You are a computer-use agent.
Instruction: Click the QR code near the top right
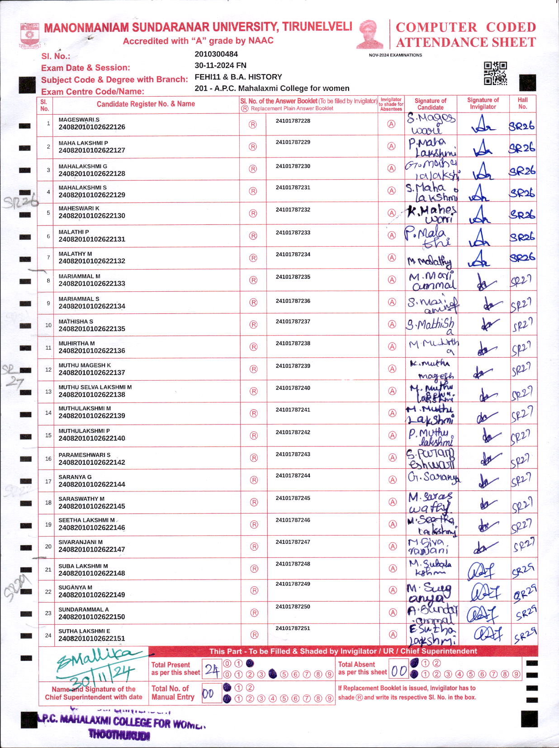tap(495, 73)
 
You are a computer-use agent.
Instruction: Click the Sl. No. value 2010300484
tap(216, 54)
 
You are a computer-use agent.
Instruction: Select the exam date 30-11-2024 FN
tap(220, 65)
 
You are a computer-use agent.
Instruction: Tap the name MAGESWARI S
tap(79, 120)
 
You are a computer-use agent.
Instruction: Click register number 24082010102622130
tap(92, 216)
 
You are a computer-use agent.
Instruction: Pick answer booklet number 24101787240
tap(293, 388)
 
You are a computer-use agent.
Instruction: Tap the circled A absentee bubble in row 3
tap(392, 168)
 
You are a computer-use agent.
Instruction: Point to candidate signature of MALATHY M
tap(429, 261)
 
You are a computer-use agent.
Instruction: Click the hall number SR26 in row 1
tap(521, 126)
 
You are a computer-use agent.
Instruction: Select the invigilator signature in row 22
tap(483, 592)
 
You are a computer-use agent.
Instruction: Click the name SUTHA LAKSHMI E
tap(84, 631)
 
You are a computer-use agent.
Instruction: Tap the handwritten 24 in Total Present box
tap(212, 669)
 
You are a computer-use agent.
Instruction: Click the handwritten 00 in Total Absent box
tap(399, 671)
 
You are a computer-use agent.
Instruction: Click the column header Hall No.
tap(522, 103)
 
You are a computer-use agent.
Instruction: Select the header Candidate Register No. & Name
tap(146, 104)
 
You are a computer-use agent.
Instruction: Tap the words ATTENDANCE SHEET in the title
tap(466, 43)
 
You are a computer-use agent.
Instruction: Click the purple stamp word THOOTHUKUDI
tap(119, 735)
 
